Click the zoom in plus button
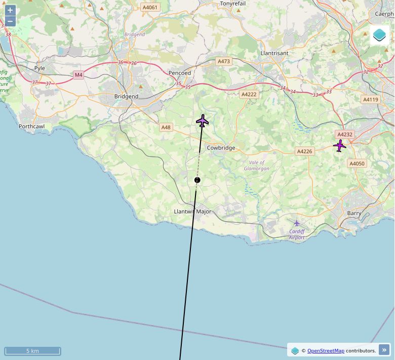coord(10,10)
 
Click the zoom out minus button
coord(10,21)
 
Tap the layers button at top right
coord(379,35)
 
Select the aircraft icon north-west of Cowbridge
coord(203,121)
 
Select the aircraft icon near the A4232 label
coord(339,146)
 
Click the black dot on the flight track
coord(197,180)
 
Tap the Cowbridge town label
coord(221,148)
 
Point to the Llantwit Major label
coord(192,211)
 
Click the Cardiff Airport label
coord(297,234)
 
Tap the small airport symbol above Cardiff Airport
coord(297,223)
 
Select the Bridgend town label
coord(126,96)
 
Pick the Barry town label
coord(354,213)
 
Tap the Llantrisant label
coord(274,53)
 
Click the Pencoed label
coord(180,73)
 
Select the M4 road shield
coord(78,75)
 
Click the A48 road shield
coord(166,127)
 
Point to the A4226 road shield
coord(304,151)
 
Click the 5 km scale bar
coord(32,351)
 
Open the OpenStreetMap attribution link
coord(326,350)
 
